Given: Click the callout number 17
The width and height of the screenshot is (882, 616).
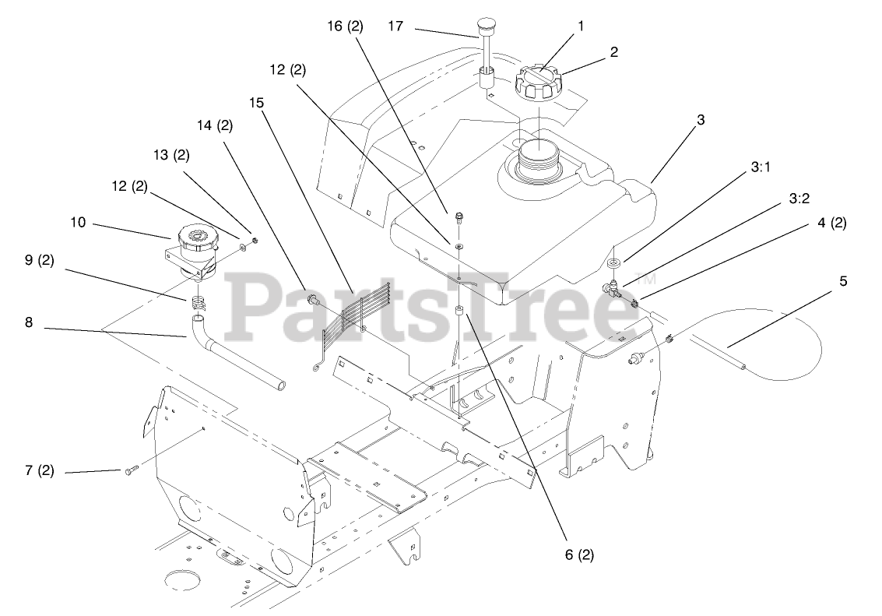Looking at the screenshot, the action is tap(395, 26).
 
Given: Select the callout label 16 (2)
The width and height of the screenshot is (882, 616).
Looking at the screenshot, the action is tap(345, 26).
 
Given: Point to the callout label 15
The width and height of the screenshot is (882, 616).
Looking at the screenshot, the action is tap(257, 103).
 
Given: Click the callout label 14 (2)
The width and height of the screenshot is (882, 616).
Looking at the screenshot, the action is tap(215, 125).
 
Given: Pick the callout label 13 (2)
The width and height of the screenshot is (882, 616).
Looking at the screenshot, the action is tap(171, 154).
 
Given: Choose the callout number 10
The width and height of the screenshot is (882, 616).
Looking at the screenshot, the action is tap(77, 223).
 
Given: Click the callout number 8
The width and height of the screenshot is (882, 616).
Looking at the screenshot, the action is tap(29, 321).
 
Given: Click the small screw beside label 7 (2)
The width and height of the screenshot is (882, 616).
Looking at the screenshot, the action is tap(130, 470).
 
